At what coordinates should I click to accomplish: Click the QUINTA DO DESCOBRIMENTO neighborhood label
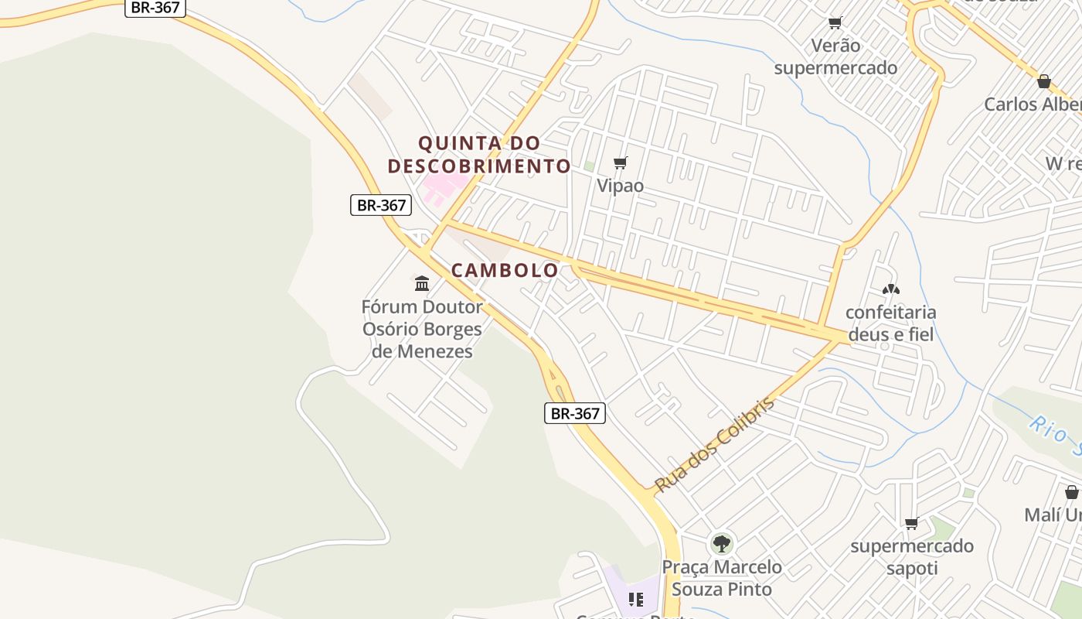[x=479, y=155]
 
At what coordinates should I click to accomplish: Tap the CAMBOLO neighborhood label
[x=504, y=270]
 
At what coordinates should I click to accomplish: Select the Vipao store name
[x=620, y=186]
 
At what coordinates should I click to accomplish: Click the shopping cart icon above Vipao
[x=620, y=162]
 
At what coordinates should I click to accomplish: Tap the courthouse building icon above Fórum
[x=422, y=283]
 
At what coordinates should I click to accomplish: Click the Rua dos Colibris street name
[x=713, y=446]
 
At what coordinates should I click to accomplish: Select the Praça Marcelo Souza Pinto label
[x=722, y=578]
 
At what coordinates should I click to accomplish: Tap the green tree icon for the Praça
[x=722, y=543]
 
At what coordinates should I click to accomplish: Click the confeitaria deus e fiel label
[x=890, y=323]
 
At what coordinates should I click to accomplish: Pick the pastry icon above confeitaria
[x=890, y=289]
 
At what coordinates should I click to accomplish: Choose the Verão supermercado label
[x=835, y=56]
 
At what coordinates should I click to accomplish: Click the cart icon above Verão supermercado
[x=835, y=22]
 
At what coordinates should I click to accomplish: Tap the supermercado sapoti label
[x=912, y=557]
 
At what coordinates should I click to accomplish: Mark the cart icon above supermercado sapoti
[x=912, y=524]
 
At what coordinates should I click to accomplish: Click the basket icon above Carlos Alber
[x=1044, y=81]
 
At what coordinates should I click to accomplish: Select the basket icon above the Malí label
[x=1071, y=492]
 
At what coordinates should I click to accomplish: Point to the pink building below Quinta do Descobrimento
[x=442, y=186]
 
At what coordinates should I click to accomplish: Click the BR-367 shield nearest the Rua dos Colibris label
[x=574, y=413]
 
